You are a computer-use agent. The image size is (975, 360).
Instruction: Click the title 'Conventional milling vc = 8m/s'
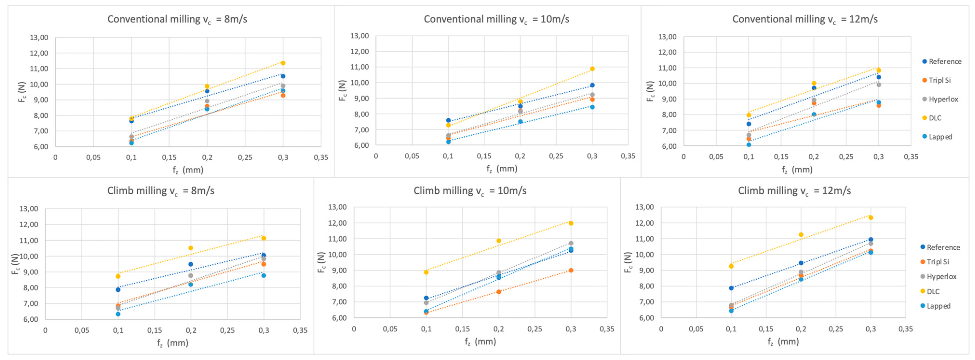point(177,19)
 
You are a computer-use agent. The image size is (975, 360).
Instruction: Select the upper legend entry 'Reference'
point(944,61)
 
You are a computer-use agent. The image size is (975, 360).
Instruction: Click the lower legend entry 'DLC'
point(933,292)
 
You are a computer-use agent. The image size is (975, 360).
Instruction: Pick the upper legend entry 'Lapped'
point(940,137)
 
